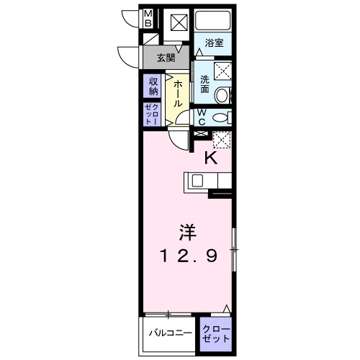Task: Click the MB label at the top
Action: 148,19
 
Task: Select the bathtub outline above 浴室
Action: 212,21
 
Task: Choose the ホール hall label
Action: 176,94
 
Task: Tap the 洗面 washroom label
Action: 205,84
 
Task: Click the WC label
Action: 202,118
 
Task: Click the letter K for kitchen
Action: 212,158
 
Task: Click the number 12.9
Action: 186,255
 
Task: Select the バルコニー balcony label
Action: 171,333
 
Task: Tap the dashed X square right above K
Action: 220,140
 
